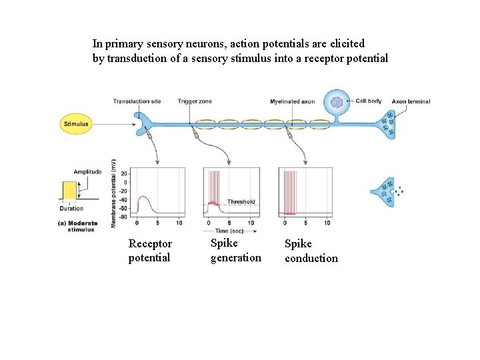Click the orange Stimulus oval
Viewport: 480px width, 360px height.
76,124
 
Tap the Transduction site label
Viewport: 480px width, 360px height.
137,101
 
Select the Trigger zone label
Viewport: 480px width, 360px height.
195,101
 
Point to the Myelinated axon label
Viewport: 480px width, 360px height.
292,102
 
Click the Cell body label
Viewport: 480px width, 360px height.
368,101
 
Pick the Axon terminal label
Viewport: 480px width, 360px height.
411,102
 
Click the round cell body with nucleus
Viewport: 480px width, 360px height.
337,103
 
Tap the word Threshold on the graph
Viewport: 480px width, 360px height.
241,201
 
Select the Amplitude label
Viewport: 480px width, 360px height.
87,171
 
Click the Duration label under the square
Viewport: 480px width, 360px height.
71,208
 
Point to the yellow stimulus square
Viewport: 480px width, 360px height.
69,191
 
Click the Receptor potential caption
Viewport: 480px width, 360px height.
150,251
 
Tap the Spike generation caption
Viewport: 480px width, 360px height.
235,251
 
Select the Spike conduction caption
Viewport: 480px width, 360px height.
311,251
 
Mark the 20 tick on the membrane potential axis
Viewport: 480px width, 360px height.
125,173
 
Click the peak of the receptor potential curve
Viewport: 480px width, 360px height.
143,197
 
